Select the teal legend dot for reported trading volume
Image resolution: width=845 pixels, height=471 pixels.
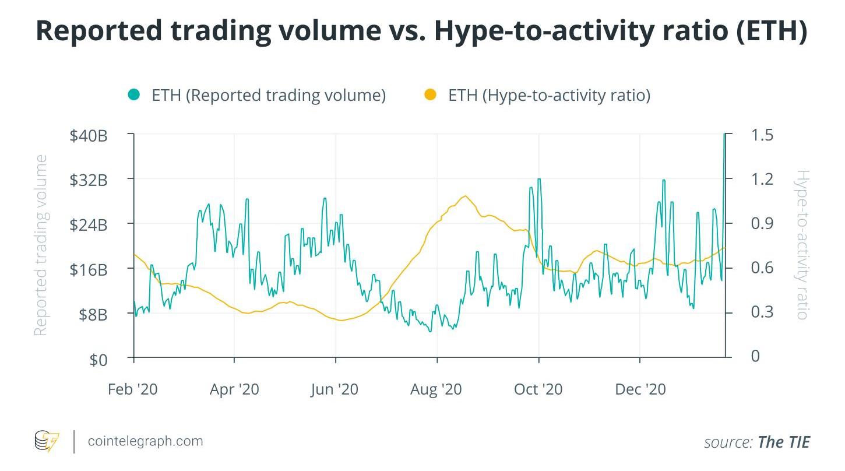pyautogui.click(x=134, y=94)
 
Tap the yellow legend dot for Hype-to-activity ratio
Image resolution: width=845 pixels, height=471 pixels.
pyautogui.click(x=430, y=94)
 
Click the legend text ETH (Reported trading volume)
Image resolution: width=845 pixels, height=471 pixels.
pyautogui.click(x=269, y=95)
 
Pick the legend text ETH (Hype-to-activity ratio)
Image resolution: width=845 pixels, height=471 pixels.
pyautogui.click(x=549, y=95)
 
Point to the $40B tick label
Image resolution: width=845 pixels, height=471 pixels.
pyautogui.click(x=89, y=136)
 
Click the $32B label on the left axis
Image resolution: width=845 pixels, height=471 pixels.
pyautogui.click(x=89, y=180)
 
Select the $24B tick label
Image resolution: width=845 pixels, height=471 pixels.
pyautogui.click(x=89, y=225)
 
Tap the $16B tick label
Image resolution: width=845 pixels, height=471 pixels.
pyautogui.click(x=89, y=270)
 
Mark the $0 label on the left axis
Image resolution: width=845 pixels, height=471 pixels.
pyautogui.click(x=98, y=360)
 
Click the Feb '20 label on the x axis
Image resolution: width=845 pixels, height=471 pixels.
pyautogui.click(x=132, y=389)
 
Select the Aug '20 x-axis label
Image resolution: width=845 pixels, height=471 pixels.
pyautogui.click(x=436, y=389)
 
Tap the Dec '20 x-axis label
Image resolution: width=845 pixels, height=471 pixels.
pyautogui.click(x=640, y=389)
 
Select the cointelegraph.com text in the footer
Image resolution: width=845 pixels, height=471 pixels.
pyautogui.click(x=145, y=441)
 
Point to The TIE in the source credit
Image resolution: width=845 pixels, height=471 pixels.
pyautogui.click(x=784, y=442)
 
